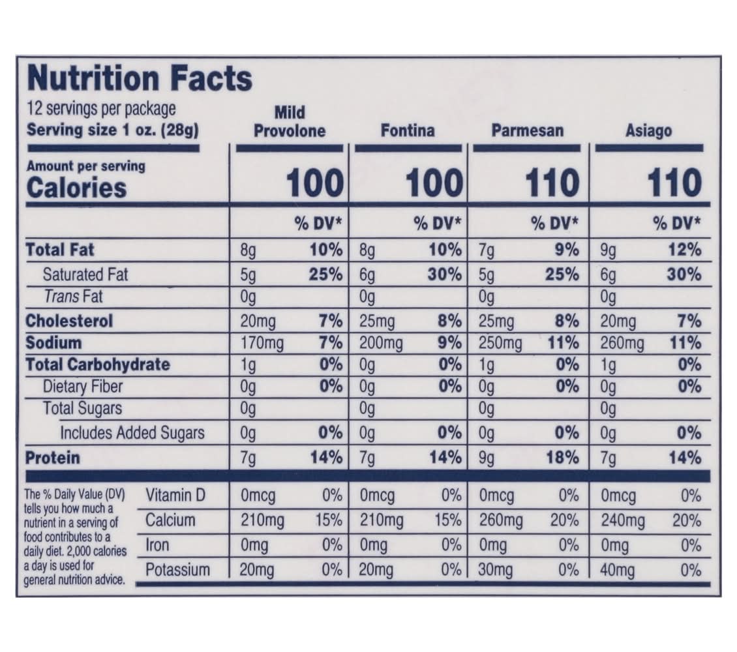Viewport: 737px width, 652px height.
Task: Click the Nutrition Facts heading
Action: (140, 78)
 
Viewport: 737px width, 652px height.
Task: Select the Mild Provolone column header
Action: (289, 121)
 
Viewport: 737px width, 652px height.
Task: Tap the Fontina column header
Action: (407, 130)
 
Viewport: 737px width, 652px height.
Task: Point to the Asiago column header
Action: (648, 130)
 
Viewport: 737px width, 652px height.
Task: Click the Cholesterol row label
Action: (69, 321)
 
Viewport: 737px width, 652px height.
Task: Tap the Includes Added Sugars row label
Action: (132, 432)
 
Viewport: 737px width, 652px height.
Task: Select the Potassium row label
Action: (177, 570)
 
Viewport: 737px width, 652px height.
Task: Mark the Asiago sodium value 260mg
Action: (622, 343)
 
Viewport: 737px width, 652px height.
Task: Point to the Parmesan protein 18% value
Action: (562, 457)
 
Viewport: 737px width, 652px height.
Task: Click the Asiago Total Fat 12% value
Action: (684, 250)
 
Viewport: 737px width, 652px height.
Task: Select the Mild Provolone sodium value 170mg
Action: (262, 343)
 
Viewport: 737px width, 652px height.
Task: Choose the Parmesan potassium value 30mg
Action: (496, 570)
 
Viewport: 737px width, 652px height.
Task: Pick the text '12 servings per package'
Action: (101, 108)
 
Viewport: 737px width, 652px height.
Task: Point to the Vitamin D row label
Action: (175, 496)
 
